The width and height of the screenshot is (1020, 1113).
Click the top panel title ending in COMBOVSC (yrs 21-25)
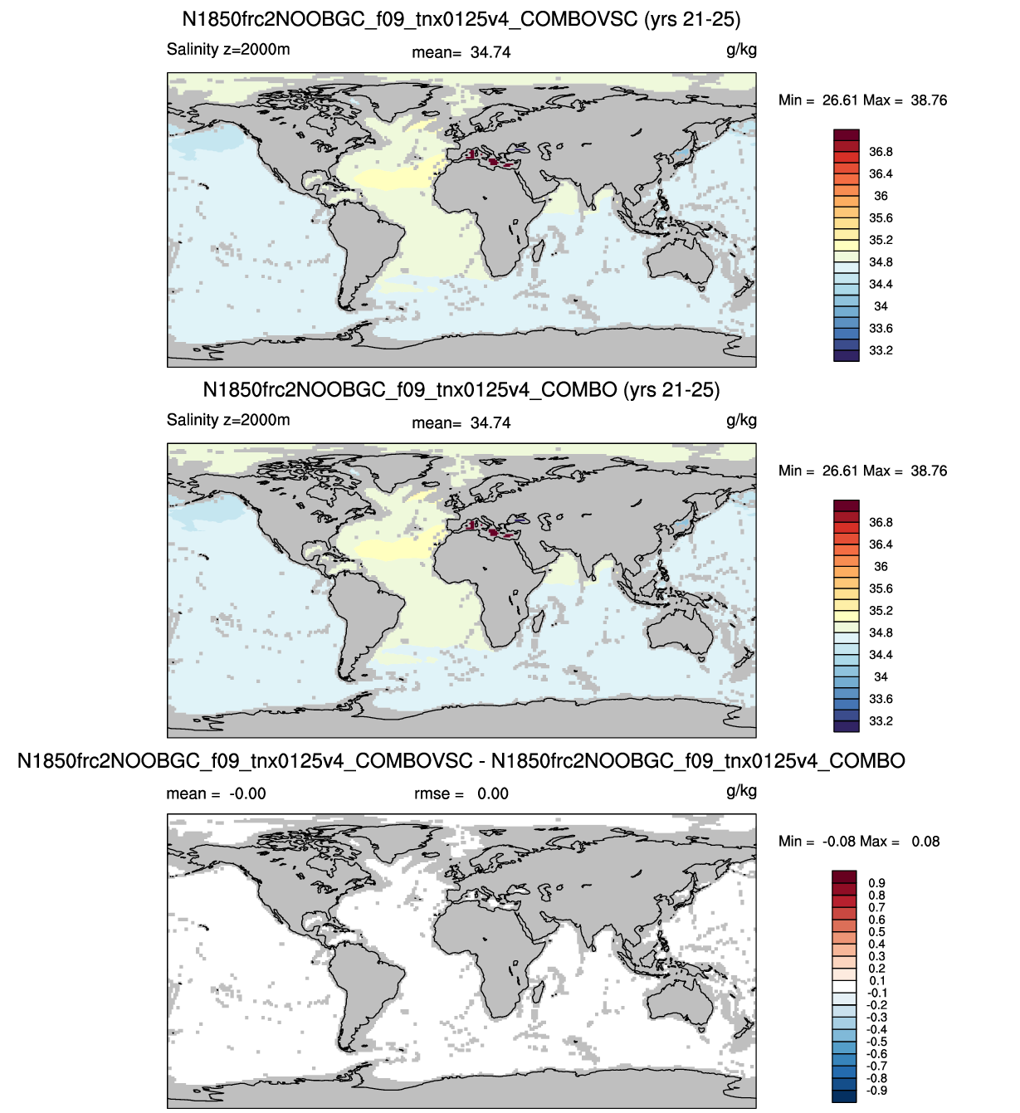pyautogui.click(x=461, y=19)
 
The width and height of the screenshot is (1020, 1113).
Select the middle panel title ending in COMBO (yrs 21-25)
pyautogui.click(x=461, y=390)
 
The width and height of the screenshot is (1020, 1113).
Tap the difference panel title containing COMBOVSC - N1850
pyautogui.click(x=461, y=761)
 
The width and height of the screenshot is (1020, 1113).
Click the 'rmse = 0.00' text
pyautogui.click(x=461, y=794)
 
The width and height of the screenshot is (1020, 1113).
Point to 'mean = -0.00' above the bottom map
pyautogui.click(x=216, y=794)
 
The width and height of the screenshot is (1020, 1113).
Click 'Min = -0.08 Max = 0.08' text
pyautogui.click(x=859, y=842)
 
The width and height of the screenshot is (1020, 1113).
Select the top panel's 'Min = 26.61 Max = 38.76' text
pyautogui.click(x=862, y=100)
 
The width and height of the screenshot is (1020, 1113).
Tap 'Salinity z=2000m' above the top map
pyautogui.click(x=228, y=49)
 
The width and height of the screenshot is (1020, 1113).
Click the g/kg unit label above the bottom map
pyautogui.click(x=741, y=792)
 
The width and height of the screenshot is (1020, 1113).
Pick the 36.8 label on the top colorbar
pyautogui.click(x=881, y=152)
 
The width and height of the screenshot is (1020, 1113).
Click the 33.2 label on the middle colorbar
pyautogui.click(x=881, y=721)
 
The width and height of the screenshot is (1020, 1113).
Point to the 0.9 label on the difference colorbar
pyautogui.click(x=876, y=883)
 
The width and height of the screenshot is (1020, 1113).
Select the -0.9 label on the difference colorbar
pyautogui.click(x=876, y=1091)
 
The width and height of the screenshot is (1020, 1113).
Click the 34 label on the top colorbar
pyautogui.click(x=881, y=306)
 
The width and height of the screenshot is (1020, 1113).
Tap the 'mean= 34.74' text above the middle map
pyautogui.click(x=461, y=423)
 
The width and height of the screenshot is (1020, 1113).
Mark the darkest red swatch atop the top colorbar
pyautogui.click(x=847, y=134)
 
